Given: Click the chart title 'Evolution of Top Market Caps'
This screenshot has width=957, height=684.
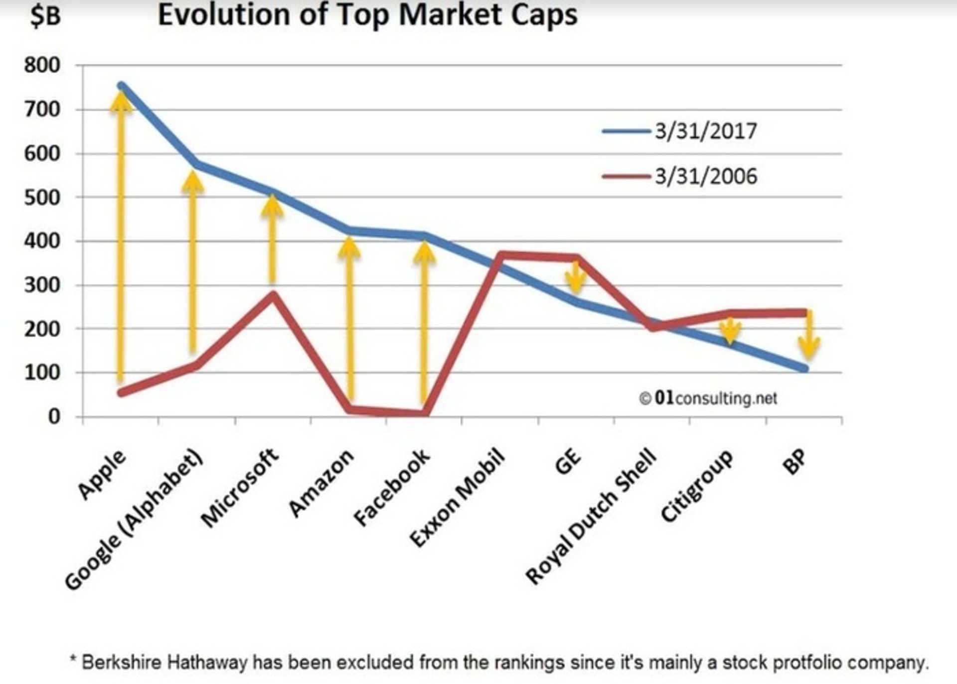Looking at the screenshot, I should click(367, 15).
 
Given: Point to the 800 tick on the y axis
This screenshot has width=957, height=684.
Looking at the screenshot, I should click(42, 65).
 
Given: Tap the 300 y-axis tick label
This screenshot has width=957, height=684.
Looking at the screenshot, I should click(42, 285).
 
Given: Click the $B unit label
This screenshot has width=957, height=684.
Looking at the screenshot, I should click(45, 16).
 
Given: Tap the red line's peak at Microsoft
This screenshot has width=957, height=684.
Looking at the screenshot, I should click(273, 294).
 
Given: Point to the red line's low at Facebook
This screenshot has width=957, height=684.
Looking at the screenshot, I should click(424, 412).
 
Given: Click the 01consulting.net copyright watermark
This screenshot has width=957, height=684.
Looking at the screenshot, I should click(708, 398).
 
